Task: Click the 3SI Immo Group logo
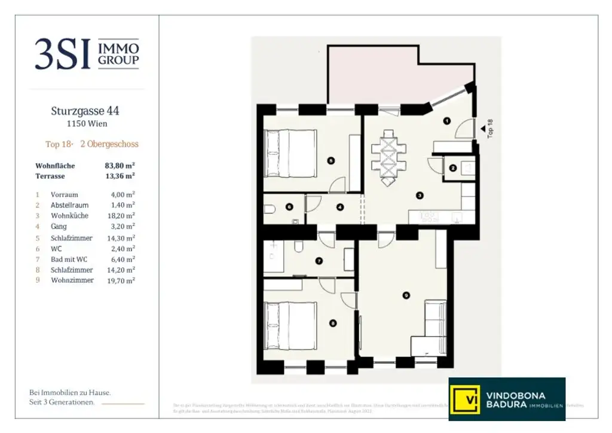[x=87, y=54]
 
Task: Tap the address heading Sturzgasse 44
[x=85, y=111]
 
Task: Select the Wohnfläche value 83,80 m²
[x=120, y=166]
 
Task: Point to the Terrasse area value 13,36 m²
[x=120, y=176]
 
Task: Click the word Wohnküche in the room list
[x=69, y=215]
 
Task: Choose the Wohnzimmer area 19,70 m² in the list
[x=120, y=280]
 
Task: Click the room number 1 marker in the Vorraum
[x=446, y=121]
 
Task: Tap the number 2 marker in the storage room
[x=452, y=168]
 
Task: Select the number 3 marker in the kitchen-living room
[x=420, y=195]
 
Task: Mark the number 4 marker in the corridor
[x=339, y=208]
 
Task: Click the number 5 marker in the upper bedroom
[x=331, y=160]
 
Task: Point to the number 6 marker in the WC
[x=289, y=208]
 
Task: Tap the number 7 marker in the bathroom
[x=319, y=261]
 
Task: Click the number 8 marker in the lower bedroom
[x=333, y=324]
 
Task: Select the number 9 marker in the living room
[x=406, y=294]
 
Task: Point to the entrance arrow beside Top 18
[x=482, y=127]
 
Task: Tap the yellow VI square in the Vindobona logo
[x=465, y=399]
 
